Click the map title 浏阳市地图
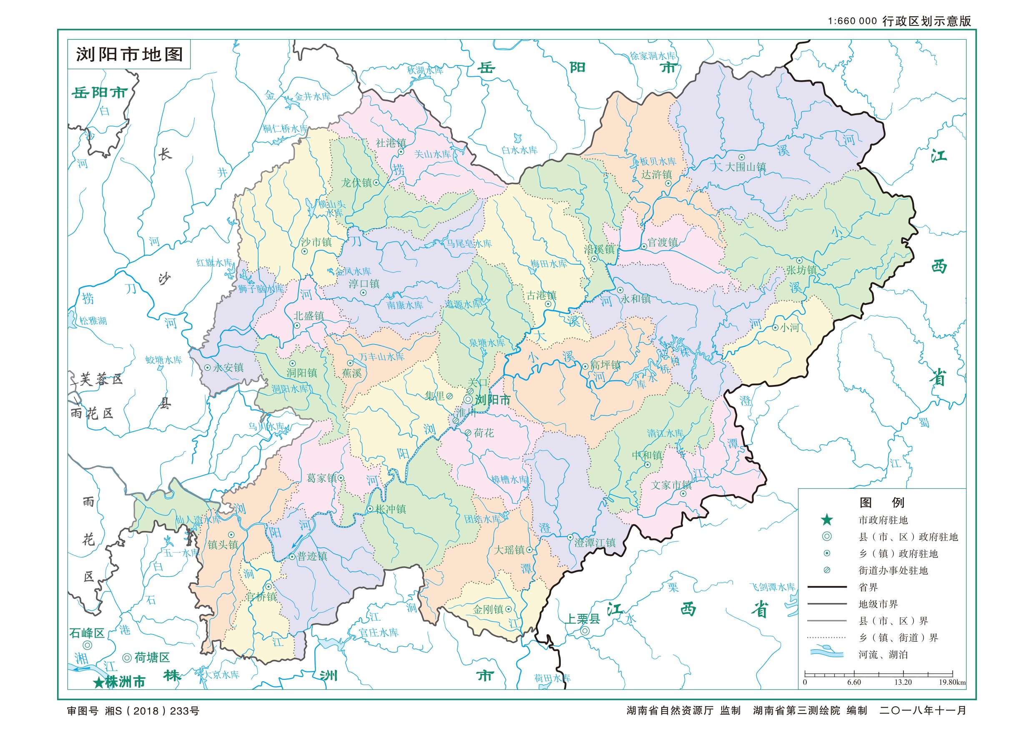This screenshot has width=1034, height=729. pos(129,55)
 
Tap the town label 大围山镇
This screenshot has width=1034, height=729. pos(745,167)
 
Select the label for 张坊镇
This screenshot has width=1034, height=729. pos(801,270)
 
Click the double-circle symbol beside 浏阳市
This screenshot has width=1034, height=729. pos(468,399)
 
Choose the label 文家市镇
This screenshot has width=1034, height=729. pos(671,485)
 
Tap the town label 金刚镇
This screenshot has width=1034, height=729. pos(488,610)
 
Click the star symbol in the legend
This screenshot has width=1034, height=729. pos(827,520)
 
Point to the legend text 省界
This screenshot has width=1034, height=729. pos(868,588)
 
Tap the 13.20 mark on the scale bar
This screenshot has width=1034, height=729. pos(903,682)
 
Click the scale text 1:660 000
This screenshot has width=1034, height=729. pos(852,21)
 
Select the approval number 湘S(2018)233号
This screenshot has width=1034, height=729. pos(152,711)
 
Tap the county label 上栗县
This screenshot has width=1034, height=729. pos(582,619)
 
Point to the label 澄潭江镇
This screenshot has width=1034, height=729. pos(595,543)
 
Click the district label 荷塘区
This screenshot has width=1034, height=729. pos(152,658)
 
